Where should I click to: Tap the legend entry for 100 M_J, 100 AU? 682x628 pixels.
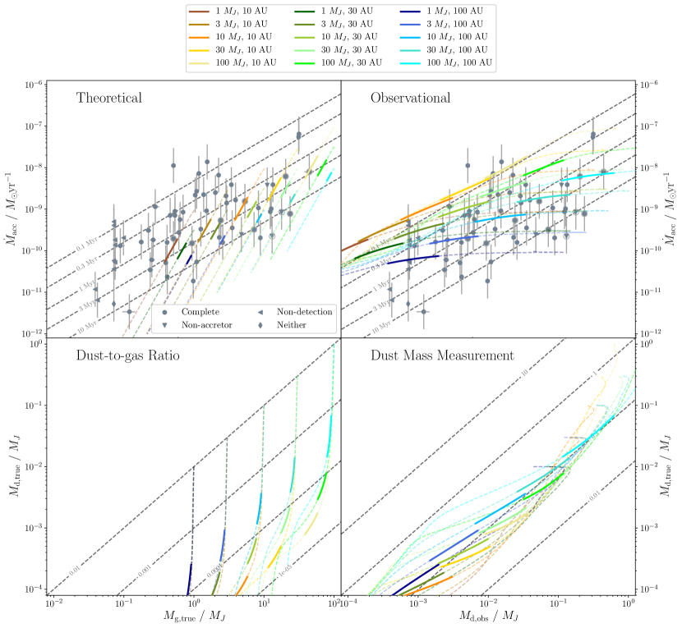point(457,62)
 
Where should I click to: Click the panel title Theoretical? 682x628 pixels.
point(109,99)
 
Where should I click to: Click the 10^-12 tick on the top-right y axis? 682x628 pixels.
point(655,332)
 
